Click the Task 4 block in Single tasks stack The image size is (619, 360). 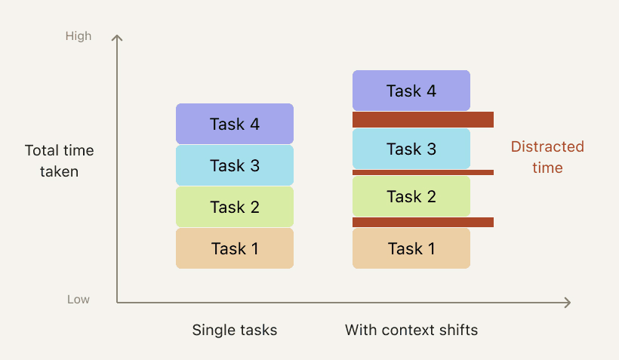[235, 124]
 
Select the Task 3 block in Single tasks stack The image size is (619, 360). [235, 165]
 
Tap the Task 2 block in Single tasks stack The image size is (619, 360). [235, 207]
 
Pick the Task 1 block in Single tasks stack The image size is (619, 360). [235, 248]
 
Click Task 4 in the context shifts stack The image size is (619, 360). [411, 91]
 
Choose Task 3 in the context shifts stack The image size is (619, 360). [411, 149]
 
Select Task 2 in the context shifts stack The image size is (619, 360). [411, 196]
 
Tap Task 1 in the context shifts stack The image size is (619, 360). [411, 248]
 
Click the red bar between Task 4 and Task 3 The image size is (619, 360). [423, 119]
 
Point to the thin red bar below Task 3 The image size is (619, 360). [423, 173]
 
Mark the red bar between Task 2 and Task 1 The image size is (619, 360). [423, 222]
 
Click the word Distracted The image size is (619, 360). [547, 146]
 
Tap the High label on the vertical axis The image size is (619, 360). [79, 36]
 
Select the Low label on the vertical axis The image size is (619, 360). [79, 299]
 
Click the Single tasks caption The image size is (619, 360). [235, 330]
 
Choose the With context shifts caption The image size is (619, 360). [411, 330]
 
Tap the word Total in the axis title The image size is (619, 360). [42, 150]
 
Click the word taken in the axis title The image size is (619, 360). [59, 172]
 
